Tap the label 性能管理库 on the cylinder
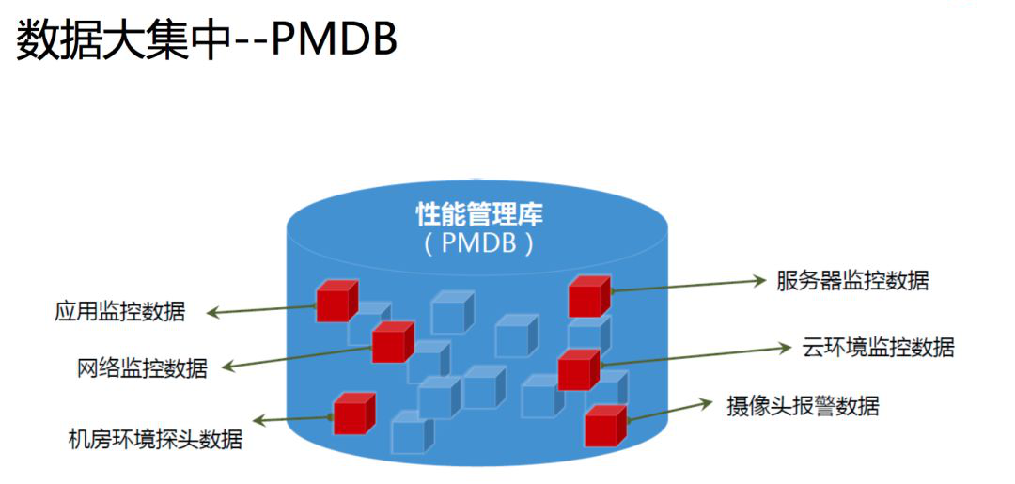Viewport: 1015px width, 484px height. pyautogui.click(x=479, y=214)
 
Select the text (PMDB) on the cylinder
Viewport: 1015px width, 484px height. pyautogui.click(x=479, y=244)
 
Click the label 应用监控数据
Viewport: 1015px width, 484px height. pyautogui.click(x=119, y=312)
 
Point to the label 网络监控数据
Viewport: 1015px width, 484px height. pyautogui.click(x=142, y=367)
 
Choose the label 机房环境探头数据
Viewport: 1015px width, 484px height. pyautogui.click(x=155, y=438)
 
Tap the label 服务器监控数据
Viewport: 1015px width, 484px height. pyautogui.click(x=852, y=280)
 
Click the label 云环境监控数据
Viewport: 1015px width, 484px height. pyautogui.click(x=879, y=347)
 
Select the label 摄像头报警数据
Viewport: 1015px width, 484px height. pyautogui.click(x=803, y=406)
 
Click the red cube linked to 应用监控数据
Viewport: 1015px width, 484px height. pyautogui.click(x=336, y=302)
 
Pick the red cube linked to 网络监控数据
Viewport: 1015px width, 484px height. pyautogui.click(x=391, y=342)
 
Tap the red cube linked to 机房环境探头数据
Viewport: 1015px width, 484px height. pyautogui.click(x=353, y=414)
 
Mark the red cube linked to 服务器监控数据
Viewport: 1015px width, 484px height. pyautogui.click(x=588, y=297)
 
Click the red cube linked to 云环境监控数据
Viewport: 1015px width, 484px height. pyautogui.click(x=577, y=369)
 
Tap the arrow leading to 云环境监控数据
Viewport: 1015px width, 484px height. pyautogui.click(x=695, y=355)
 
